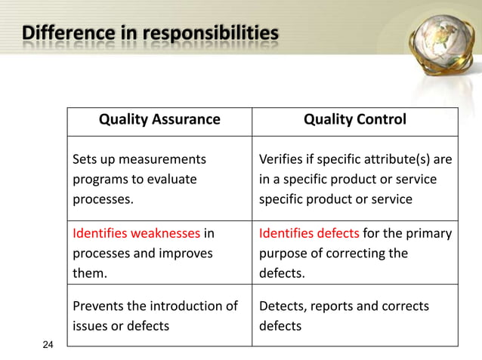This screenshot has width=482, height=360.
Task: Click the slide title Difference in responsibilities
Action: tap(150, 35)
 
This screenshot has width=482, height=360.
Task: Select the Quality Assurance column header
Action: tap(160, 119)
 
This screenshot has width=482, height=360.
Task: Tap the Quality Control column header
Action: tap(354, 119)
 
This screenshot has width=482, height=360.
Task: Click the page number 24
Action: tap(48, 345)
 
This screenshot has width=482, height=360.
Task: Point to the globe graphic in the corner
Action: tap(443, 45)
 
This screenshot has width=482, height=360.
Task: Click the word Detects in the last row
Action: tap(281, 306)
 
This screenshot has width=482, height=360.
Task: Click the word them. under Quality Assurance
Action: tap(89, 273)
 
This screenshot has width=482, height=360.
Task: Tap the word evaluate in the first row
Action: tap(173, 180)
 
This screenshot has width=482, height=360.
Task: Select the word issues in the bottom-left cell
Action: tap(88, 326)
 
